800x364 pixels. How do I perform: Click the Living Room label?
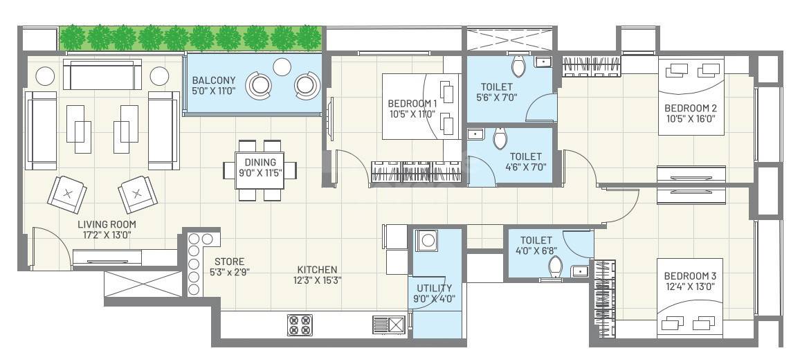107,229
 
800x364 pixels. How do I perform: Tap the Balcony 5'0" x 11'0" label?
214,85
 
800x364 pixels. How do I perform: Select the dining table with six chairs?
260,170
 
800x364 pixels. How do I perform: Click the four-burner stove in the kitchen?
300,325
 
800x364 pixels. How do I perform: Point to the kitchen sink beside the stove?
388,325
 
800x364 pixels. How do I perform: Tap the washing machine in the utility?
427,242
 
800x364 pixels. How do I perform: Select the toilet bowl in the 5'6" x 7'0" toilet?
518,67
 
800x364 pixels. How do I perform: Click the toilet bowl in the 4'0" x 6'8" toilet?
555,268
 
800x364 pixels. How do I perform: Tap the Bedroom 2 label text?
690,113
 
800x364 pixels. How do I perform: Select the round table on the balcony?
282,66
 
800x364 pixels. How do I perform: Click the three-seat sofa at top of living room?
102,73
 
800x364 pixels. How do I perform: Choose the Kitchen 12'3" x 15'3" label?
317,275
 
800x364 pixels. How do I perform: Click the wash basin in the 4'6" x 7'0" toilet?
475,134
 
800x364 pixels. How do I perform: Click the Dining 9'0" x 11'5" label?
260,167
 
